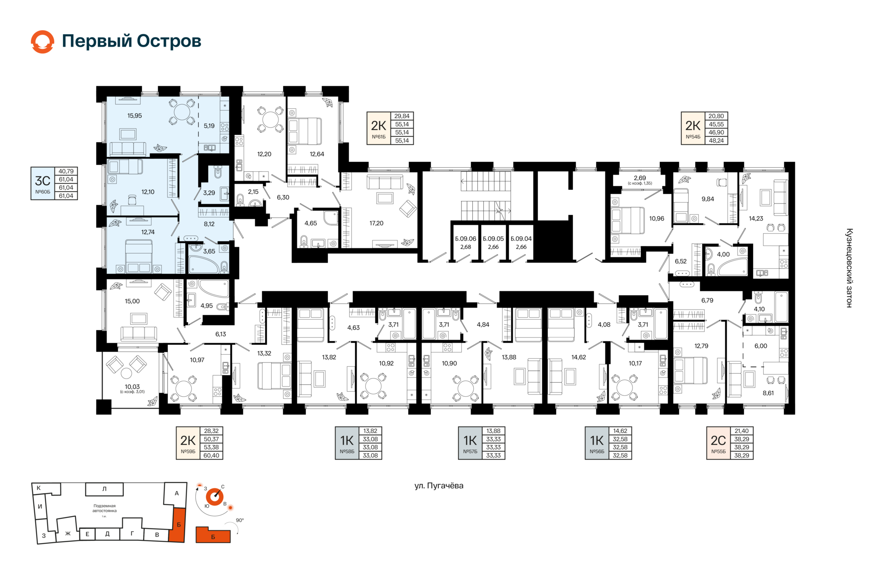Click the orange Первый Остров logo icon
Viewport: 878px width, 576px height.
[x=43, y=42]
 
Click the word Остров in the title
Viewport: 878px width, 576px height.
[x=169, y=41]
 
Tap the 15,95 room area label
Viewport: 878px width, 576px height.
[x=134, y=116]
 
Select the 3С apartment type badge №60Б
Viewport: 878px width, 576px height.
[x=43, y=183]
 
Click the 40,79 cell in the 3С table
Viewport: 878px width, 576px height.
[x=66, y=171]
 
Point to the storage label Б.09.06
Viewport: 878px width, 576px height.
[x=466, y=239]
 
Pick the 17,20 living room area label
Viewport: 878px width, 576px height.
[x=376, y=223]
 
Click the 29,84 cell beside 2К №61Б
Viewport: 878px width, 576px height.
[x=402, y=116]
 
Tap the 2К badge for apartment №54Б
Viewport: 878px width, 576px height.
[x=693, y=128]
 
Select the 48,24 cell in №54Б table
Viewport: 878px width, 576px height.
[x=716, y=141]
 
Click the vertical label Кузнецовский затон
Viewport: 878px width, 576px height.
[x=849, y=268]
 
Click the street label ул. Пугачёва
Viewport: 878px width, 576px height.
[x=439, y=485]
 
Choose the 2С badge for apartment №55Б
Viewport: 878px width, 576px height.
[x=718, y=443]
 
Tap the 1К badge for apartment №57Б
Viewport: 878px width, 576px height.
[x=470, y=443]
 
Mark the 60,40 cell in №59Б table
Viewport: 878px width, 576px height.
[x=211, y=455]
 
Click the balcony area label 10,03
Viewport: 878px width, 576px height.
[x=132, y=387]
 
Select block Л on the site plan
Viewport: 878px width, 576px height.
[x=104, y=489]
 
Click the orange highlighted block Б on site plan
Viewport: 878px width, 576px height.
[x=178, y=525]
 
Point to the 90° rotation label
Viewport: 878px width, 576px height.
[x=240, y=520]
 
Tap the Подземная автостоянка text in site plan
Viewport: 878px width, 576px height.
[x=105, y=508]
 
